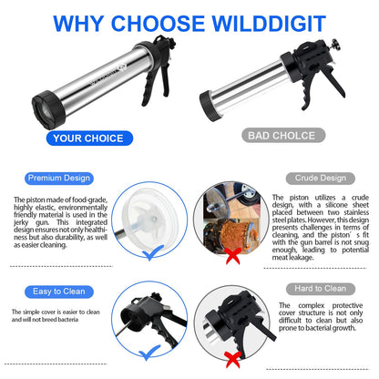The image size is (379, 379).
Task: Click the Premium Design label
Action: pos(55,179)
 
